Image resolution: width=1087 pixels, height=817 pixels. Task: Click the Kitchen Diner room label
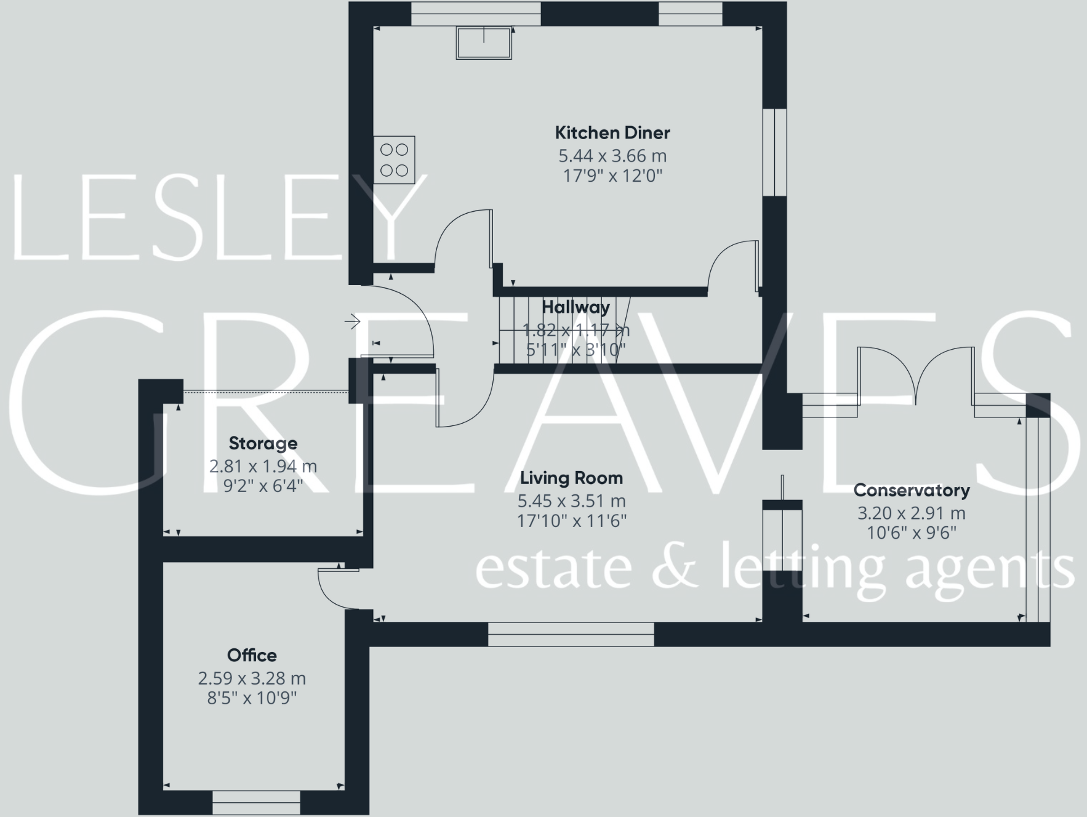click(x=612, y=132)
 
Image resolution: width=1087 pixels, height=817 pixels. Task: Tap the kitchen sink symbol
click(x=484, y=42)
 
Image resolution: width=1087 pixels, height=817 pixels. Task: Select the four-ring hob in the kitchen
click(x=394, y=159)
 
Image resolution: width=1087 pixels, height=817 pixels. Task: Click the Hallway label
click(x=576, y=307)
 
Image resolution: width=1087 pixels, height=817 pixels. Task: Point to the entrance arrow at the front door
click(x=353, y=321)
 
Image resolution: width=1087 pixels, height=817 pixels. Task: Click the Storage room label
click(x=263, y=443)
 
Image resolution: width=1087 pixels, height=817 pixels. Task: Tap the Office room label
click(x=252, y=655)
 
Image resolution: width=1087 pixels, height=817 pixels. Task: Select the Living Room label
click(x=571, y=478)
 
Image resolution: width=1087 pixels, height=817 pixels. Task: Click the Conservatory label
click(x=912, y=490)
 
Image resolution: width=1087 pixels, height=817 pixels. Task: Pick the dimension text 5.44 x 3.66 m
click(x=612, y=156)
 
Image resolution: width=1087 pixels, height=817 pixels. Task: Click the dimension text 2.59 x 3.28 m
click(x=252, y=678)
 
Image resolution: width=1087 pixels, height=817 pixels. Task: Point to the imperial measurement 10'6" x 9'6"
click(x=912, y=533)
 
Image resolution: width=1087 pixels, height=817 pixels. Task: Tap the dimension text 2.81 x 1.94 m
click(x=263, y=466)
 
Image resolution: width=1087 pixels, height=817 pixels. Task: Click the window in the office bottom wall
click(x=256, y=802)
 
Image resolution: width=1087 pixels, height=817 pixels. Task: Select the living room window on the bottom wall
click(x=571, y=634)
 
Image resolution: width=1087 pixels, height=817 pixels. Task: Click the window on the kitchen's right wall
click(x=775, y=152)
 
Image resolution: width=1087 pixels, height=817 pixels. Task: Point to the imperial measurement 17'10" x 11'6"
click(x=571, y=521)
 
